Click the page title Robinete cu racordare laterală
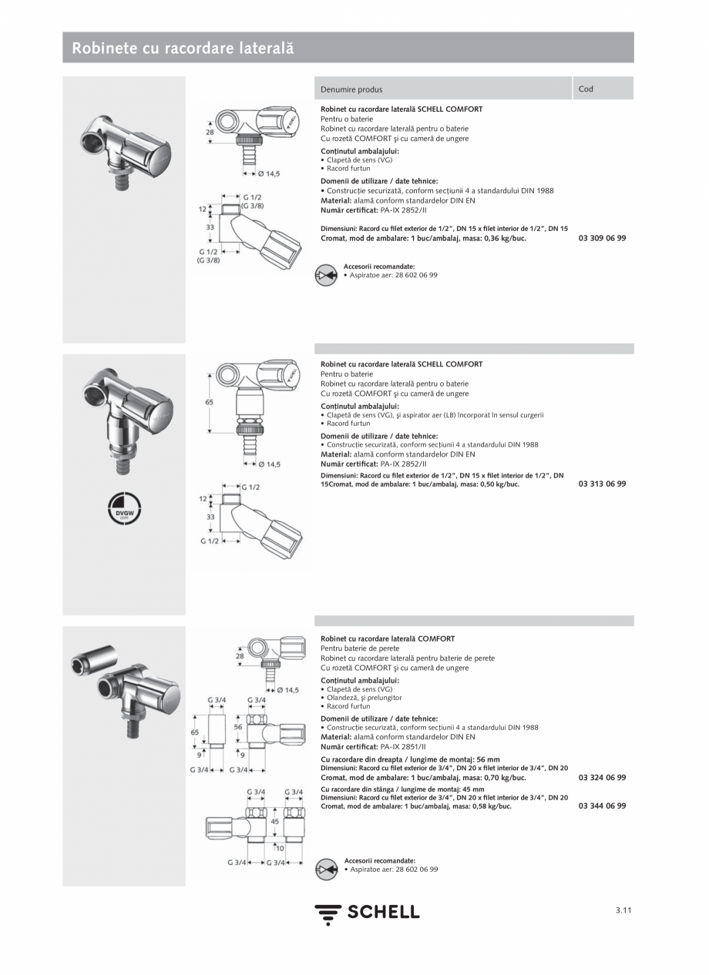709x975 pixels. (x=183, y=48)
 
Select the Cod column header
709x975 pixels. (x=586, y=89)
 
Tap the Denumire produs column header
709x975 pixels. (x=351, y=89)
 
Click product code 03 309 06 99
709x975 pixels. (x=602, y=238)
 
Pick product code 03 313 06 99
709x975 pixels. (x=602, y=484)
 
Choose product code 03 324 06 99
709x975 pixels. (x=602, y=778)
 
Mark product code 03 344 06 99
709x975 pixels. (x=602, y=806)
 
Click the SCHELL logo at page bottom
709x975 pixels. (x=367, y=913)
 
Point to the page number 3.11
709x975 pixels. (x=623, y=910)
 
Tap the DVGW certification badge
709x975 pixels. (x=124, y=508)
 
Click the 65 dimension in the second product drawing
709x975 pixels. (x=209, y=403)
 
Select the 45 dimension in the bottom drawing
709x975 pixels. (x=275, y=822)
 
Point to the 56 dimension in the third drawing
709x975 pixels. (x=238, y=726)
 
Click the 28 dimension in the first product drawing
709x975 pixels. (x=210, y=132)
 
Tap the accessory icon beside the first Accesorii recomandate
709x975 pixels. (x=327, y=275)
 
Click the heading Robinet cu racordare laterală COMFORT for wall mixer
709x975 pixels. (x=388, y=639)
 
